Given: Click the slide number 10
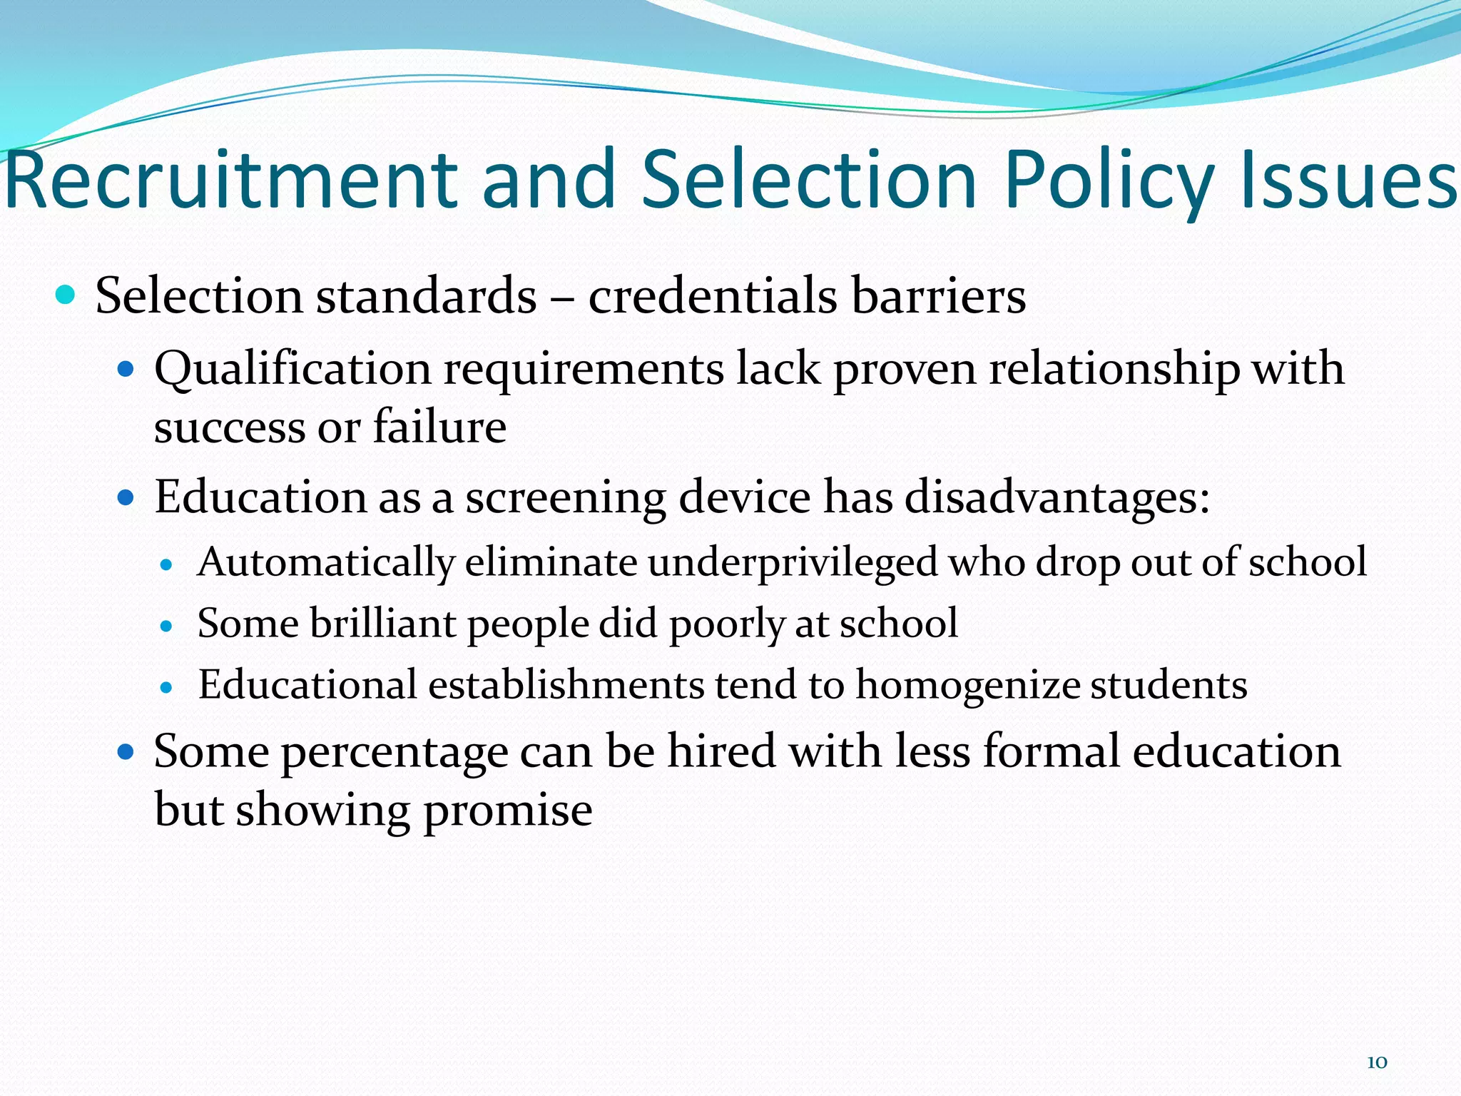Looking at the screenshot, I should point(1377,1062).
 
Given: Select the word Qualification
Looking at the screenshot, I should point(292,370).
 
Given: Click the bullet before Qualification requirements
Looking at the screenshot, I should point(126,370).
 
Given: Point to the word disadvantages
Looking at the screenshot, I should point(1057,497).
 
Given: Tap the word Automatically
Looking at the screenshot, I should point(326,562).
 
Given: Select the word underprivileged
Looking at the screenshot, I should point(793,562).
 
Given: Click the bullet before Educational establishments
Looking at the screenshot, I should point(167,688).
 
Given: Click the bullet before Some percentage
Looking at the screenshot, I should point(126,752).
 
